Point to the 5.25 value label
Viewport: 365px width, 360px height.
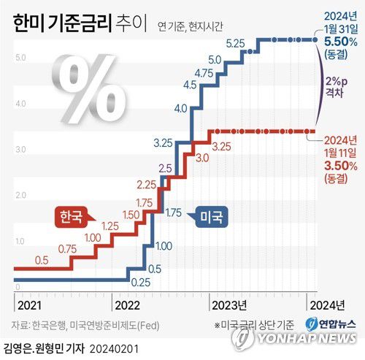point(235,44)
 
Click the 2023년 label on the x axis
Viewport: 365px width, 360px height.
point(228,305)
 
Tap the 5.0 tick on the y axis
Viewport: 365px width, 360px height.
point(22,58)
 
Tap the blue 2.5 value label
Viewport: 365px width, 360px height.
point(165,169)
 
